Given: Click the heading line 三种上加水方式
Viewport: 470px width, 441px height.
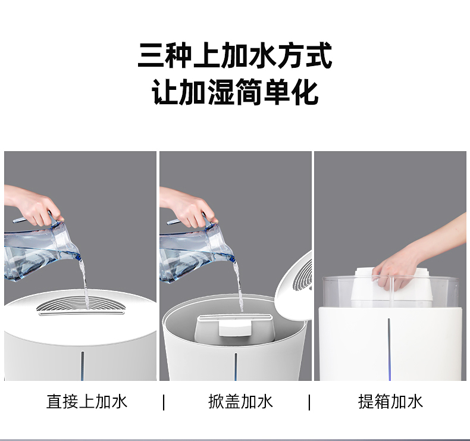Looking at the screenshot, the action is [235, 55].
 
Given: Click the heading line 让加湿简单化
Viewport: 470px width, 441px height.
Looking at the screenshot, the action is [235, 92].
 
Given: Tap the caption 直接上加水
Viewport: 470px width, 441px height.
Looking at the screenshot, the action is [87, 402].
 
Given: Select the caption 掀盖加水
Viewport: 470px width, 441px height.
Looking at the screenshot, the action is [241, 402].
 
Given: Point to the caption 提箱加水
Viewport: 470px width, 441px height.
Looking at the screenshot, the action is [390, 402].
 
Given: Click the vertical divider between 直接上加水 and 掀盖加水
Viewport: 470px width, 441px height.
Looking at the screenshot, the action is [164, 402].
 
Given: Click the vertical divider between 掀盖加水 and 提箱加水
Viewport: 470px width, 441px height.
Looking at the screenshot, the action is [309, 402].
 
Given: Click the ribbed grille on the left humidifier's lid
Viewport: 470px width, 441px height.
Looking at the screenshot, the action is [80, 304].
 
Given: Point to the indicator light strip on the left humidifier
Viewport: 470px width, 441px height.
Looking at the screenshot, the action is [83, 366].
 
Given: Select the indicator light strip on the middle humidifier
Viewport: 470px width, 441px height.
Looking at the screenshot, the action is [236, 367].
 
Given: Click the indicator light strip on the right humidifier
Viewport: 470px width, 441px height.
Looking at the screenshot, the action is [389, 349].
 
